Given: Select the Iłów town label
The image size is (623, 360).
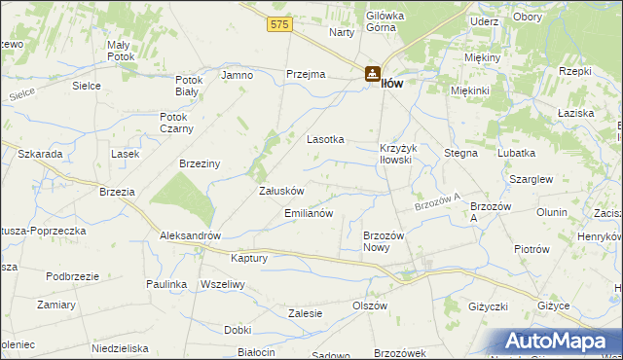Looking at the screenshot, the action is point(391,84).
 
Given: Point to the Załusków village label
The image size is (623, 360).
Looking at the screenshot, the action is point(281,191).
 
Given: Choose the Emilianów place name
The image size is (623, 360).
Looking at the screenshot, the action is point(309,212).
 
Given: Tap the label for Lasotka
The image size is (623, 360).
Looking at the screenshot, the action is point(326,139).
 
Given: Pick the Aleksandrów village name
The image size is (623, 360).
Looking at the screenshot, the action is point(191,236).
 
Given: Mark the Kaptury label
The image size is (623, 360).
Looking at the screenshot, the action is point(248,258).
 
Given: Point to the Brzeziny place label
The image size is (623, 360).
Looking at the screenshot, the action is point(200,164).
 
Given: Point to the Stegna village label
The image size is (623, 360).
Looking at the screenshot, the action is point(460,153).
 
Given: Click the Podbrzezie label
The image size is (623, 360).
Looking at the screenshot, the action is point(72,276).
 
